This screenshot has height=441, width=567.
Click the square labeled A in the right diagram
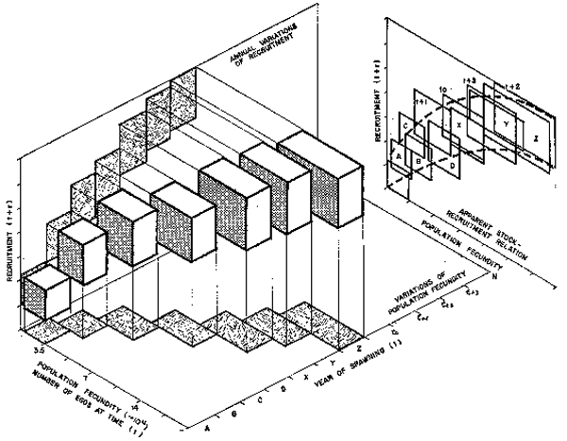pyautogui.click(x=398, y=153)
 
